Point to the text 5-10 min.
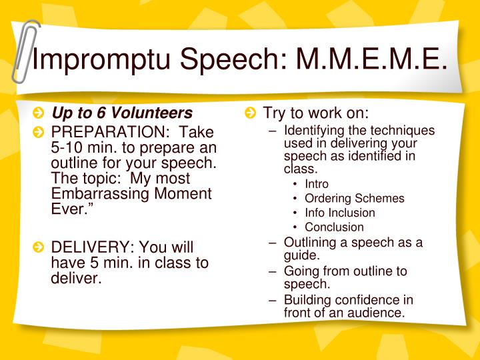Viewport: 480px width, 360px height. point(84,147)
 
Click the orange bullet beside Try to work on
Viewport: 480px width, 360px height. point(249,113)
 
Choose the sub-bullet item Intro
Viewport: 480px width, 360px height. point(317,183)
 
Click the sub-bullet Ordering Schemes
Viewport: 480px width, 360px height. point(354,198)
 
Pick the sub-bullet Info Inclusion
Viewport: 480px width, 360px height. point(339,213)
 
